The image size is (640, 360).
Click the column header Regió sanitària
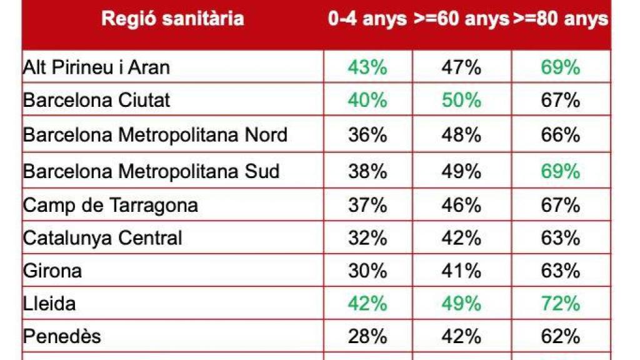pyautogui.click(x=172, y=19)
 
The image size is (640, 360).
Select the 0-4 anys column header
pyautogui.click(x=367, y=19)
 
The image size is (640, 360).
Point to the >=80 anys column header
pyautogui.click(x=561, y=19)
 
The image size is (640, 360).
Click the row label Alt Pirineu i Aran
pyautogui.click(x=96, y=67)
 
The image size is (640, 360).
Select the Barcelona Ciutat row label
pyautogui.click(x=96, y=100)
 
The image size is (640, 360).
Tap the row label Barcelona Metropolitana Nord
pyautogui.click(x=155, y=134)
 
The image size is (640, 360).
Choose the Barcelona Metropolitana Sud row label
pyautogui.click(x=151, y=171)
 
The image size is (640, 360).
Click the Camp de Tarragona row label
pyautogui.click(x=110, y=204)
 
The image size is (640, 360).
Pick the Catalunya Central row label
pyautogui.click(x=102, y=237)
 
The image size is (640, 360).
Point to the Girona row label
pyautogui.click(x=52, y=271)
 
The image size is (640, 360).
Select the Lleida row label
pyautogui.click(x=49, y=304)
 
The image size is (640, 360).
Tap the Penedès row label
pyautogui.click(x=62, y=336)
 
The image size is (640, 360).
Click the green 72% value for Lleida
pyautogui.click(x=561, y=304)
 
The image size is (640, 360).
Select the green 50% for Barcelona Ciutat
pyautogui.click(x=461, y=100)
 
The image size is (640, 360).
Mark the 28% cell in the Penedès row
pyautogui.click(x=367, y=336)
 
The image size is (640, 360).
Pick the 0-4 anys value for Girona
pyautogui.click(x=367, y=271)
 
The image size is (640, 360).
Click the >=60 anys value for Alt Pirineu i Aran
pyautogui.click(x=461, y=67)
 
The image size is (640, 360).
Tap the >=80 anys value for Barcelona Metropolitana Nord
pyautogui.click(x=561, y=134)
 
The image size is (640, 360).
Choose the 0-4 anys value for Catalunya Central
pyautogui.click(x=367, y=237)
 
